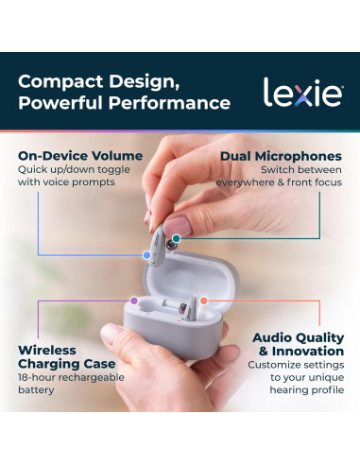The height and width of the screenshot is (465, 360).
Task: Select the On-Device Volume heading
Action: coord(81,156)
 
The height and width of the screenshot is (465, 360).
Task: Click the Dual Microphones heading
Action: coord(281,156)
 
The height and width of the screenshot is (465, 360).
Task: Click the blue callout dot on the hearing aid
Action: coord(146,254)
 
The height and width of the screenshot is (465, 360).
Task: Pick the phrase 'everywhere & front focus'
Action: coord(279,182)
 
